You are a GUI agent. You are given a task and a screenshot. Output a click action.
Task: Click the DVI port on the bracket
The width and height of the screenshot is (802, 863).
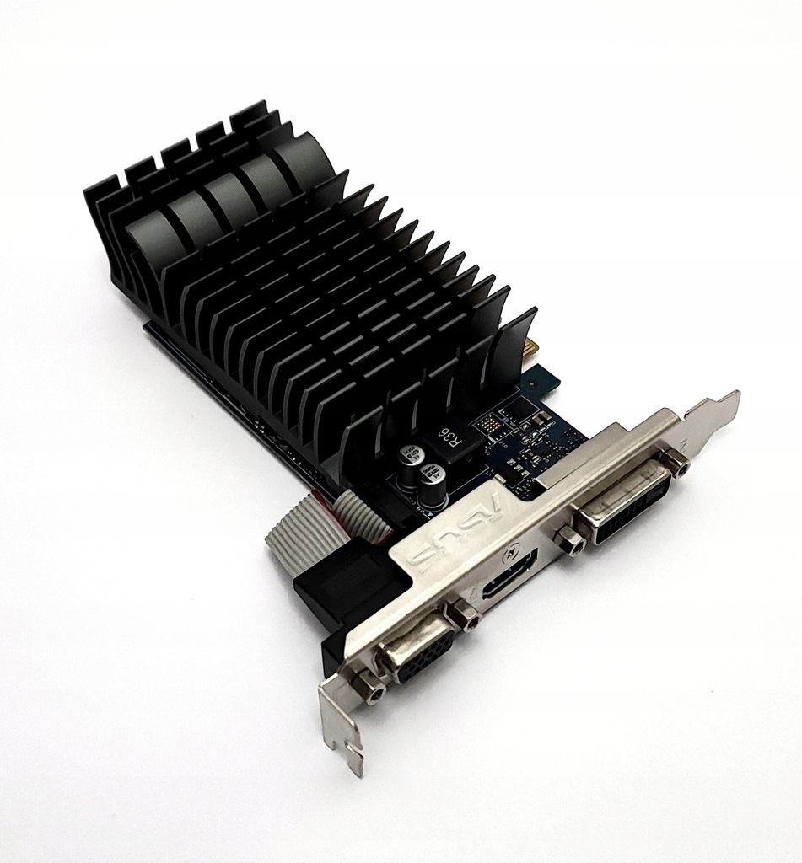click(625, 503)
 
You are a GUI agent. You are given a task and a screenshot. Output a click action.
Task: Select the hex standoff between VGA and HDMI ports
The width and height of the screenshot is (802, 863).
click(464, 615)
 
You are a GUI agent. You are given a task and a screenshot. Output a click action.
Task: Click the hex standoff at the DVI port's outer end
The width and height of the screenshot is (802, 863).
click(674, 461)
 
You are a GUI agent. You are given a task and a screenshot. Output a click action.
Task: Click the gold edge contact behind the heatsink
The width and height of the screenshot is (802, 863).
click(531, 347)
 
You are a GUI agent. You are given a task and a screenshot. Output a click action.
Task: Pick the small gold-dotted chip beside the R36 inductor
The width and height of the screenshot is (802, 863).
click(490, 426)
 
